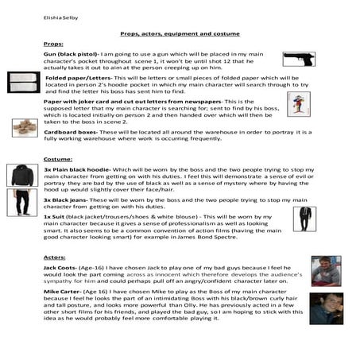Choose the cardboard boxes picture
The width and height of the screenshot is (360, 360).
24,127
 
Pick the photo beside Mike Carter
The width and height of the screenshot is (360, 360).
325,308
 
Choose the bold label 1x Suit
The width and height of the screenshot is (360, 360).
57,217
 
